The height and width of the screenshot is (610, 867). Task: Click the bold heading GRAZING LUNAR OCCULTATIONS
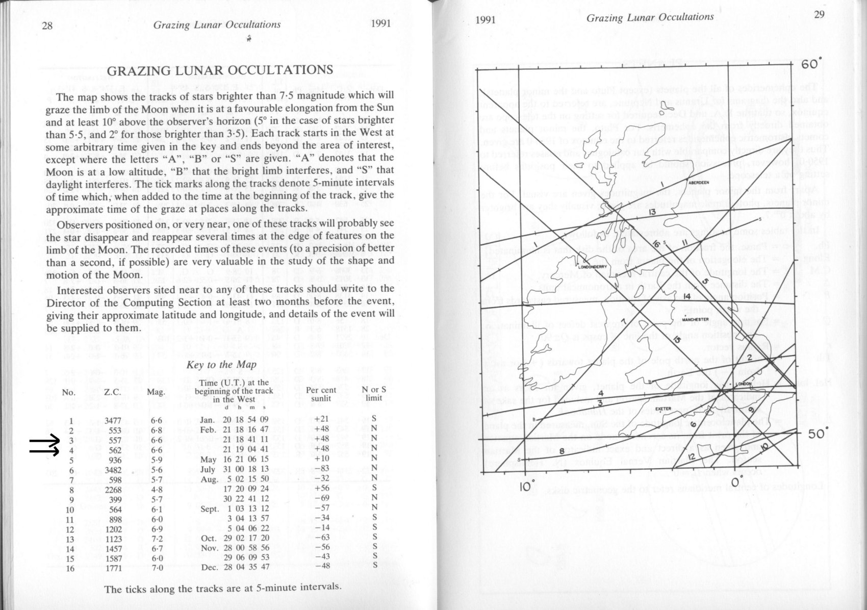[220, 70]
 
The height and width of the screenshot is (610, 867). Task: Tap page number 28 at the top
[47, 26]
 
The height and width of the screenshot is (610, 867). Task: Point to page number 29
[819, 15]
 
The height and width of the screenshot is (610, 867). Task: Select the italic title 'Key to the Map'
[221, 365]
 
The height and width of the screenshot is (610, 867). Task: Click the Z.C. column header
[112, 392]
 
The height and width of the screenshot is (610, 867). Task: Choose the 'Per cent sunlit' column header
[321, 394]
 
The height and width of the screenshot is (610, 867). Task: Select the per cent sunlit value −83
[322, 469]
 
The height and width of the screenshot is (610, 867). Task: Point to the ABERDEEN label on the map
[698, 183]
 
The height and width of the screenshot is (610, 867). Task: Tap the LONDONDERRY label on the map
[592, 266]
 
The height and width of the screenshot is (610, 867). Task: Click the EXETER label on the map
[663, 409]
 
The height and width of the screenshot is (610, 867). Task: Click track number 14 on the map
[687, 296]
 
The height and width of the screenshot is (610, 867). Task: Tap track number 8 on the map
[562, 450]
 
